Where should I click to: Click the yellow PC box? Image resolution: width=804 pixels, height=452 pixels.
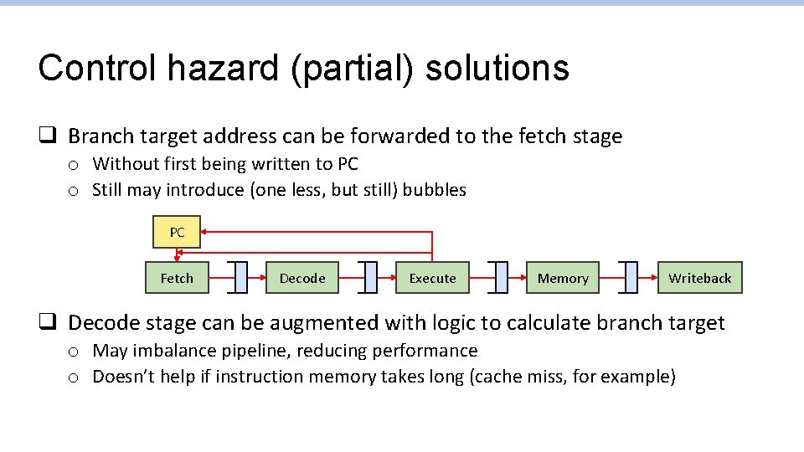click(x=177, y=233)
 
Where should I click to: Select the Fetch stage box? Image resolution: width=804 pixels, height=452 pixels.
click(x=177, y=278)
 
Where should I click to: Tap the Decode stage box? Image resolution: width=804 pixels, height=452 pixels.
click(x=302, y=278)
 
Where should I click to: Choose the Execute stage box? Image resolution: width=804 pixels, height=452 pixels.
click(x=432, y=278)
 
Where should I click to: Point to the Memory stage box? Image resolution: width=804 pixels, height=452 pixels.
click(x=563, y=278)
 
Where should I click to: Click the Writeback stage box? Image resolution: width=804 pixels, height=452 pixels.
click(x=699, y=278)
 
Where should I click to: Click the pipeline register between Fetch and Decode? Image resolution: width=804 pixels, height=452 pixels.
click(x=241, y=278)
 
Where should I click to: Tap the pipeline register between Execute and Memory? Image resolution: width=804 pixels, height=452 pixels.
click(x=501, y=278)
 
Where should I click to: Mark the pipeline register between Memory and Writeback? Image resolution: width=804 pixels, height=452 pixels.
click(x=631, y=278)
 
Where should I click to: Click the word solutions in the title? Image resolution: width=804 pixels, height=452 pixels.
click(x=497, y=69)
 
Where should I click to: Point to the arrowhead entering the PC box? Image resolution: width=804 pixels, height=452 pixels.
click(x=206, y=233)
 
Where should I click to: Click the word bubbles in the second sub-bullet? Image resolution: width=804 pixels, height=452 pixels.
click(x=434, y=190)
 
